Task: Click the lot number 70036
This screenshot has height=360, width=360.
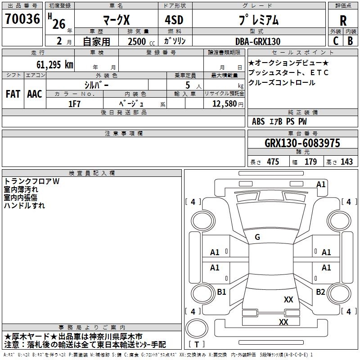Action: (x=22, y=18)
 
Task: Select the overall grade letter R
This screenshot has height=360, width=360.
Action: (x=343, y=21)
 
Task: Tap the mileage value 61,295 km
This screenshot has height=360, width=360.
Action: (x=55, y=64)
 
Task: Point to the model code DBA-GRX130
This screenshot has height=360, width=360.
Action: (x=258, y=41)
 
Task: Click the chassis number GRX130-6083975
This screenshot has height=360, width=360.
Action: (x=302, y=143)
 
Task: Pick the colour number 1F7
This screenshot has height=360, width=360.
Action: (x=74, y=104)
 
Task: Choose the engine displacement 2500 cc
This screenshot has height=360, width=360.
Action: (x=141, y=41)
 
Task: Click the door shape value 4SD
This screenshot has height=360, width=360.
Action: (x=174, y=20)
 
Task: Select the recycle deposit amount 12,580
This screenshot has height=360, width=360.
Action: (x=225, y=104)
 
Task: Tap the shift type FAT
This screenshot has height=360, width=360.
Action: (x=13, y=94)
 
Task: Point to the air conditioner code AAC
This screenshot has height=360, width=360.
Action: (x=35, y=94)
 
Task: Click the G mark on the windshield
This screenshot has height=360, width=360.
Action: (x=257, y=237)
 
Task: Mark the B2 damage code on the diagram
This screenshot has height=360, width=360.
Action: (x=320, y=292)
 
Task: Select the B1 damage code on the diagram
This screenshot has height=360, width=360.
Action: (x=221, y=292)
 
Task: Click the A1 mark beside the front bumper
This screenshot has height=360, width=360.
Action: (x=321, y=184)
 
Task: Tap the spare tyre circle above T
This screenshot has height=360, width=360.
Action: (x=197, y=328)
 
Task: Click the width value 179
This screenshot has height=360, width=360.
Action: (x=310, y=162)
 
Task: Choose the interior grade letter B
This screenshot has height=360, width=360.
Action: (x=350, y=41)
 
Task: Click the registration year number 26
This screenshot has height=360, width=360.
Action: (x=59, y=24)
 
